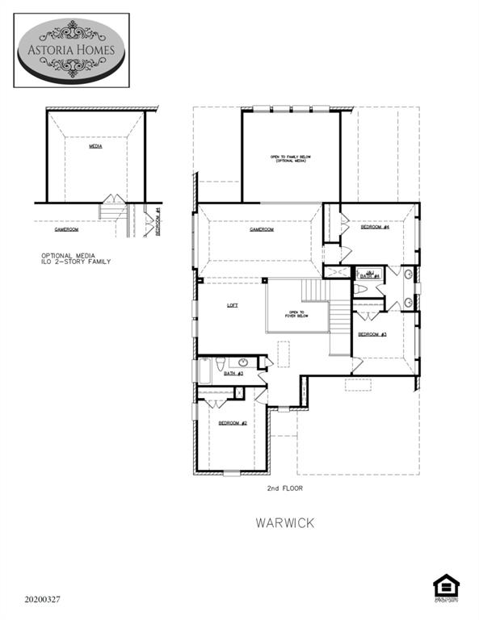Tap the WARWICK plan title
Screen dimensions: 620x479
285,522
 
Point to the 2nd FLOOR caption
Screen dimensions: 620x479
286,488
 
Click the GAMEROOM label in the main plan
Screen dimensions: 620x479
262,229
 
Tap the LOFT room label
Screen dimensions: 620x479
233,305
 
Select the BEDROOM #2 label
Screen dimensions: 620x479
232,423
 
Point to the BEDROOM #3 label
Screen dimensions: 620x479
372,334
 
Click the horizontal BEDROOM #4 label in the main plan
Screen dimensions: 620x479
375,228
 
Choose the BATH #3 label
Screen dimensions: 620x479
233,374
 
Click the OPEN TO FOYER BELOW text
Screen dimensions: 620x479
296,314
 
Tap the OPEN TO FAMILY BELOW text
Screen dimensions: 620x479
290,158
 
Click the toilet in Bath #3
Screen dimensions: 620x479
221,362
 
